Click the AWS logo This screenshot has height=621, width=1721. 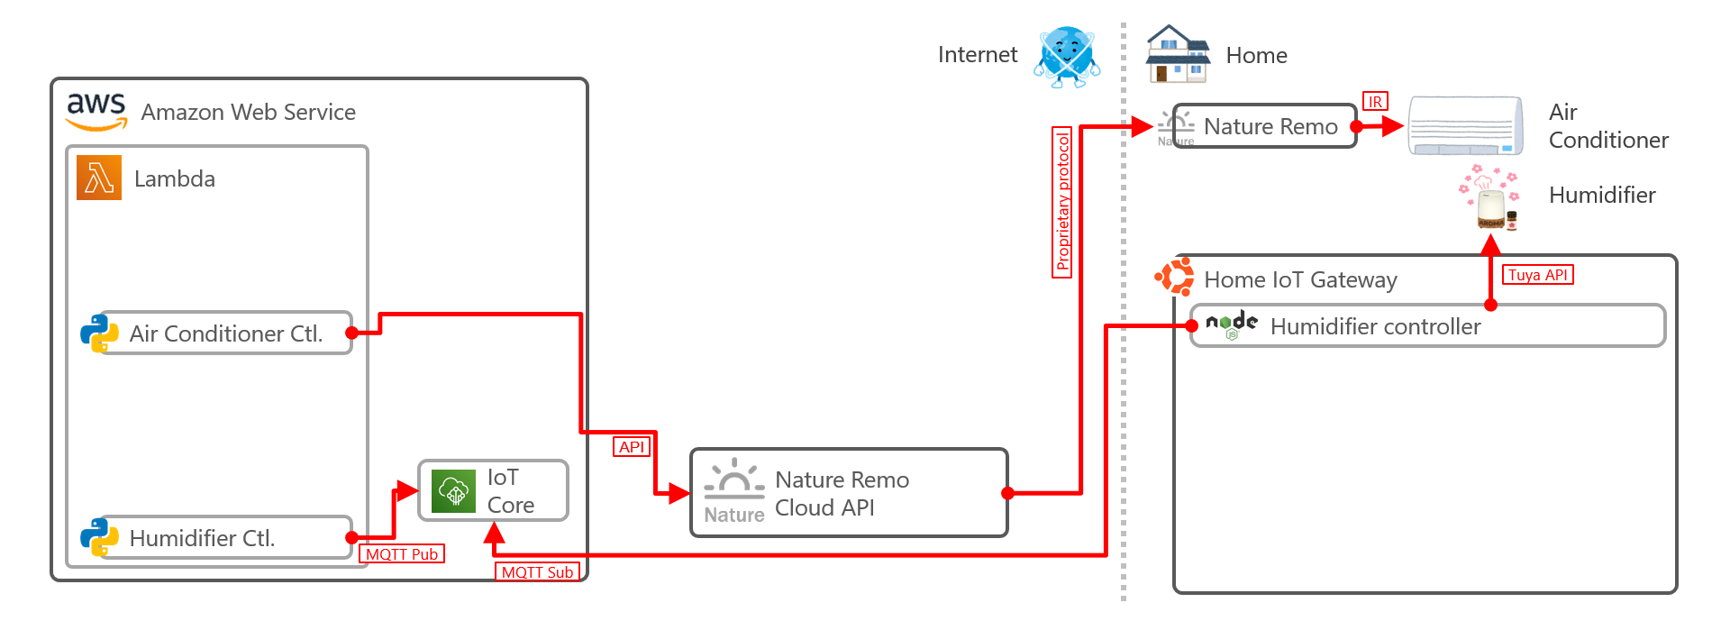(x=96, y=111)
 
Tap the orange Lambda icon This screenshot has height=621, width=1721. (x=99, y=178)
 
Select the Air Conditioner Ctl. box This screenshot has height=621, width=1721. (x=225, y=333)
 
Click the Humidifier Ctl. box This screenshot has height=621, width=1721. (x=225, y=538)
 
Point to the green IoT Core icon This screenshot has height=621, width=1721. (x=453, y=491)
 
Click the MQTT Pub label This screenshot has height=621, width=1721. (x=402, y=554)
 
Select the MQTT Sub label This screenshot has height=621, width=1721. (x=537, y=572)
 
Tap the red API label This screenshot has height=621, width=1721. (x=632, y=447)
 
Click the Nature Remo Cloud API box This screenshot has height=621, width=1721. (x=848, y=493)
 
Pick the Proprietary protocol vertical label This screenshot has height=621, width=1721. (x=1063, y=202)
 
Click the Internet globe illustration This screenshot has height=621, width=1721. (x=1067, y=56)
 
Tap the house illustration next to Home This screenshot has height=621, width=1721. (x=1177, y=55)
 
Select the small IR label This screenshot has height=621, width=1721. (x=1375, y=102)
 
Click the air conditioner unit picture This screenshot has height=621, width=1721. (x=1466, y=126)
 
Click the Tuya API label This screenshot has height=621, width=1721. (x=1537, y=275)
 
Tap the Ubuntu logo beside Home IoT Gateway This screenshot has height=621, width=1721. (x=1175, y=277)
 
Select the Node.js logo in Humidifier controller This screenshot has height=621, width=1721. (x=1232, y=324)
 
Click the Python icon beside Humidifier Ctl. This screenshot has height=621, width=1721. (x=99, y=537)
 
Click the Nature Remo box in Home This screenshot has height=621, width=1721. (x=1265, y=126)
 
